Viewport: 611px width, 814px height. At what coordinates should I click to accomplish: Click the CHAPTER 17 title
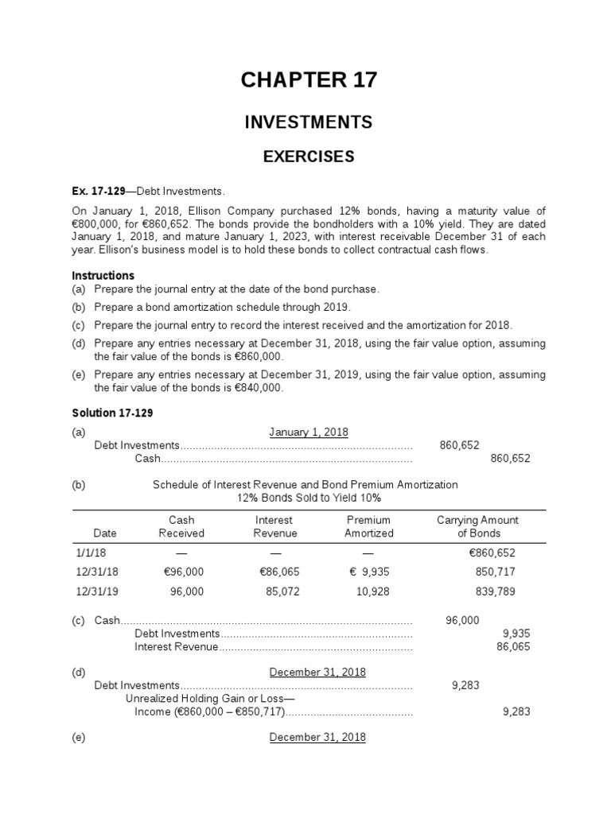309,79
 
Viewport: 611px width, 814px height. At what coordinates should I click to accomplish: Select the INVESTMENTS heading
309,122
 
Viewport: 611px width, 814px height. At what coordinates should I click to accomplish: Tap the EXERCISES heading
309,157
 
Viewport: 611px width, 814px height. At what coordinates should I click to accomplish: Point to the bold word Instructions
103,275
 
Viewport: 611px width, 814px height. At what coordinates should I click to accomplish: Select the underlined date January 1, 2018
309,432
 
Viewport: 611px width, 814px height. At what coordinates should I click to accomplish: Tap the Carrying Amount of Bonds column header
477,526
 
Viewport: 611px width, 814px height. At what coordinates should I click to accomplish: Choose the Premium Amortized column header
368,526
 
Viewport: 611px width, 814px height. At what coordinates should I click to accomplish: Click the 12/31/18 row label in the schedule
95,571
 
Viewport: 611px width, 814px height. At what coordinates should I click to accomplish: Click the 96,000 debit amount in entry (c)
462,620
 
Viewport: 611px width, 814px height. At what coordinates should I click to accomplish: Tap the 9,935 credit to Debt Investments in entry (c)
516,634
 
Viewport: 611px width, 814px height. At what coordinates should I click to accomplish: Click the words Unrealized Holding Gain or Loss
210,698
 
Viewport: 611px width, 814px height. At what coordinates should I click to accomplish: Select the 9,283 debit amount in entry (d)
465,684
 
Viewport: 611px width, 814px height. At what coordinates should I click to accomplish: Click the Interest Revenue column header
274,526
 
